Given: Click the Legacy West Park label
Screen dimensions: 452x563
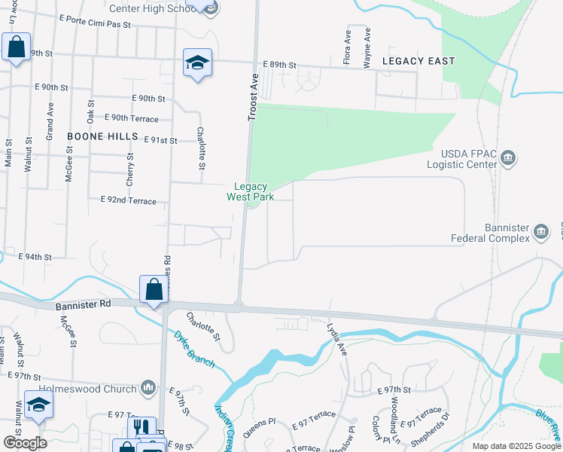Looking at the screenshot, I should coord(251,191).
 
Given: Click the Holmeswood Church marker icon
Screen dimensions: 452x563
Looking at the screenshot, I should coord(148,388).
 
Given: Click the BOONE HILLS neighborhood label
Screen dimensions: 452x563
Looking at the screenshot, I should coord(102,136).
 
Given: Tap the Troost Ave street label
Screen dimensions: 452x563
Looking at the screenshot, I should coord(254,97).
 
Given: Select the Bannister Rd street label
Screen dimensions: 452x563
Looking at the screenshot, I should coord(83,306).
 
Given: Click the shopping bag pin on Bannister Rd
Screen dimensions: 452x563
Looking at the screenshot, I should coord(154,290).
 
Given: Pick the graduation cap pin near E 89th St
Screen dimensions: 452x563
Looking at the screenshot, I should coord(197,63).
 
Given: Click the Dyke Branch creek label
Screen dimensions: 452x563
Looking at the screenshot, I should coord(195,350).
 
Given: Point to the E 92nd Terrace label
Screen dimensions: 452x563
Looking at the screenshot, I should coord(128,201).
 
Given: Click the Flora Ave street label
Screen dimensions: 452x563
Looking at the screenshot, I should coord(348,47).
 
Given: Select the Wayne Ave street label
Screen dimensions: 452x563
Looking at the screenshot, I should coord(367,48).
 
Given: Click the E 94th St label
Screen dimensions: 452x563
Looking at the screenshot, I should coord(35,257).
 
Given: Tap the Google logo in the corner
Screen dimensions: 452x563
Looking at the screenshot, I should coord(26,443).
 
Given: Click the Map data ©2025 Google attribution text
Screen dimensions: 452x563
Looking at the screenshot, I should coord(516,446).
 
